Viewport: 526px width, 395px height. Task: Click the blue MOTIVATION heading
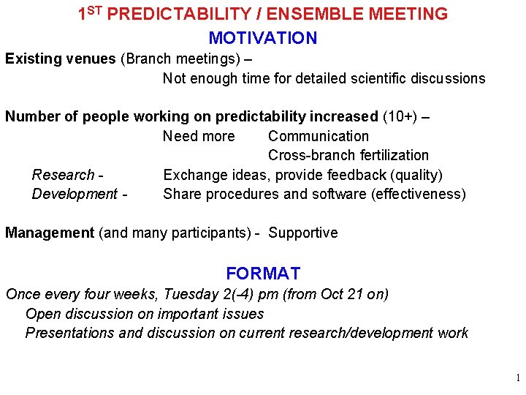pos(263,38)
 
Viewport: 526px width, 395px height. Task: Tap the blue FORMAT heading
pos(263,274)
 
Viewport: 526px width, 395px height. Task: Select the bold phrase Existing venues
pos(61,59)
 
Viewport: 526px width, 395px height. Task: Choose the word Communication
pos(319,136)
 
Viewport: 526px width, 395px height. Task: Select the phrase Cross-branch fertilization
pos(348,155)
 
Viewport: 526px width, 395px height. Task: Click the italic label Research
pos(64,175)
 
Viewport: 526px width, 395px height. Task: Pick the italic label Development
pos(74,194)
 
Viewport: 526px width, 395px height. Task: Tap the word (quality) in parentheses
pos(416,175)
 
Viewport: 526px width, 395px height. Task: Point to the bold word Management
pos(50,233)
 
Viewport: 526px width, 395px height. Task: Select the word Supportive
pos(303,233)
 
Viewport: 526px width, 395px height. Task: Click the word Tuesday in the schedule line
pos(191,294)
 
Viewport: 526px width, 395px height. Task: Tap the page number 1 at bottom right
pos(517,378)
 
